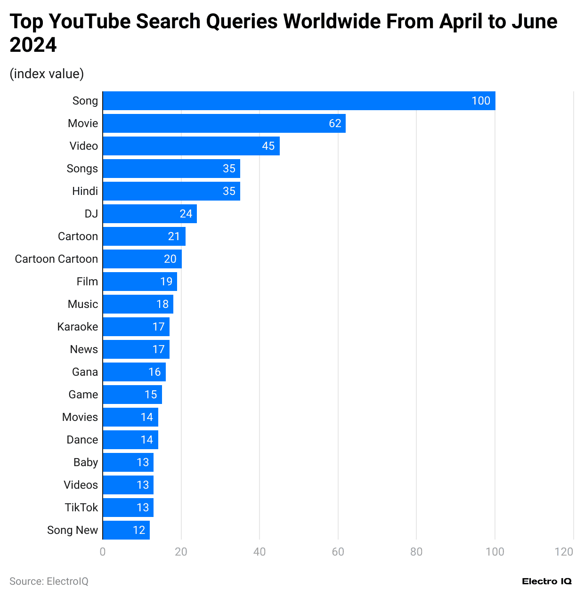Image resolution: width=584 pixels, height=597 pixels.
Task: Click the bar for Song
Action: (x=299, y=101)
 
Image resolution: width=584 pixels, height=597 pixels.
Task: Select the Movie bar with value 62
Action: (x=224, y=123)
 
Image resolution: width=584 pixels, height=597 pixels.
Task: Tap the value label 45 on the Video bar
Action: (x=268, y=146)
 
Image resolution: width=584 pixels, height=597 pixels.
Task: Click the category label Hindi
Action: (x=85, y=191)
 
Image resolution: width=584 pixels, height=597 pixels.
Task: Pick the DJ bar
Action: (x=150, y=214)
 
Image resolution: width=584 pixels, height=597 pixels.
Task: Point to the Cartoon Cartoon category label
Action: (x=57, y=259)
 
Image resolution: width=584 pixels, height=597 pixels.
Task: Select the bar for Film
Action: (x=140, y=282)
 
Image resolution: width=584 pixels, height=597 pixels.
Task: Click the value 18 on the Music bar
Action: (x=162, y=304)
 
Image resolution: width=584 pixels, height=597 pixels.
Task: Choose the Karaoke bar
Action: (x=136, y=327)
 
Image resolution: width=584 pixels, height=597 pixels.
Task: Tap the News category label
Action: (x=84, y=349)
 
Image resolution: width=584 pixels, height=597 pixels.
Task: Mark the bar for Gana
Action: (x=134, y=372)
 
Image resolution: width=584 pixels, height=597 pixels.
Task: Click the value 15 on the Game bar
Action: (x=151, y=395)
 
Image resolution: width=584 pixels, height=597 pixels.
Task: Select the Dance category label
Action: (x=82, y=440)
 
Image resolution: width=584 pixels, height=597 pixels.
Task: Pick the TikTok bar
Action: (x=128, y=508)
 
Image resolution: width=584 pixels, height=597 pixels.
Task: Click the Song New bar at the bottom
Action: (x=126, y=530)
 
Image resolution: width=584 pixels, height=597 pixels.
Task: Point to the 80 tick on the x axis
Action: (x=416, y=552)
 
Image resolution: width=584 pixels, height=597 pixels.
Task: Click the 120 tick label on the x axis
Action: (x=564, y=552)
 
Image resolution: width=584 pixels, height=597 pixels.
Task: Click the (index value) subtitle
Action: (x=47, y=74)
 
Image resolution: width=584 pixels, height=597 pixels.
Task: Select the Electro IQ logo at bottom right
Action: (x=546, y=581)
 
